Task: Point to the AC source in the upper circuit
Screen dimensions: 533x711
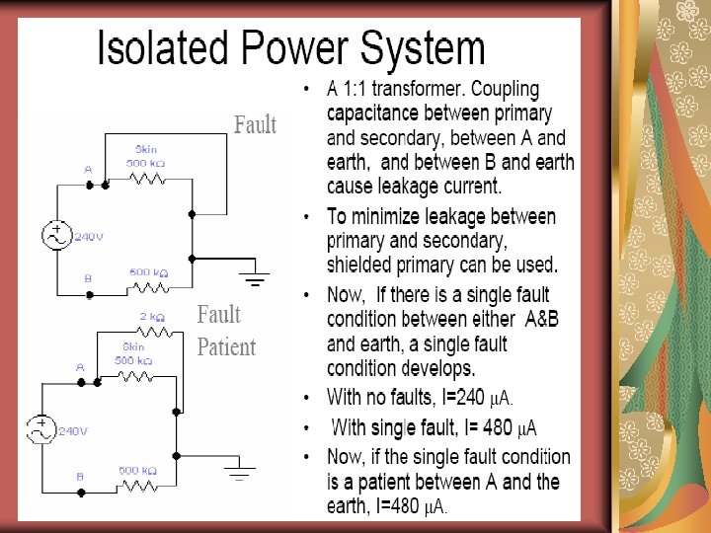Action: [x=55, y=236]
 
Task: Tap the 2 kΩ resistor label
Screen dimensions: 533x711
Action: [x=151, y=317]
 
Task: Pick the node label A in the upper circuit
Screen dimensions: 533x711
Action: [x=88, y=170]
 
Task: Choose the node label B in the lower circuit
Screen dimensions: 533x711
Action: [x=80, y=477]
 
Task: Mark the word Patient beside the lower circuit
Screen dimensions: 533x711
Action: [x=226, y=347]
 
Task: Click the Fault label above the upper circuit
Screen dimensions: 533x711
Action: [x=255, y=125]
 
